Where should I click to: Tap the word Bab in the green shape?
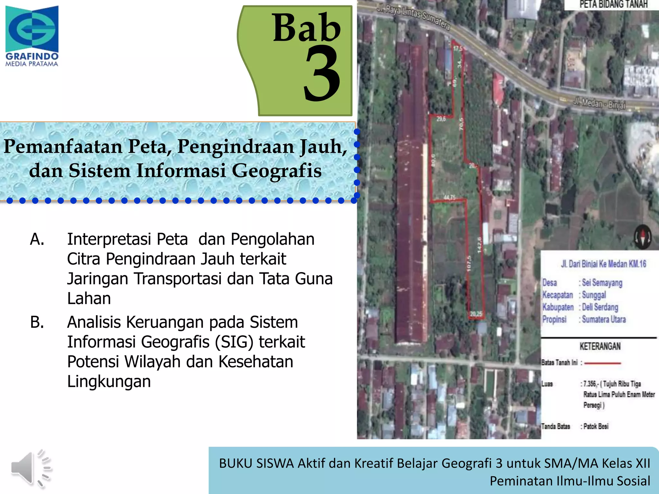coord(306,28)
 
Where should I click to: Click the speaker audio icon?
coord(31,468)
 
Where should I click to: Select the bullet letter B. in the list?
coord(37,322)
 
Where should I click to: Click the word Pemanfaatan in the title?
coord(63,147)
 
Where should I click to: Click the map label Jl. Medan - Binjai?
coord(599,104)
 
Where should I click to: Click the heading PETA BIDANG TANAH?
coord(613,5)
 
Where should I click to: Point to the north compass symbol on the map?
coord(643,237)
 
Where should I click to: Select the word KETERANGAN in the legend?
coord(600,346)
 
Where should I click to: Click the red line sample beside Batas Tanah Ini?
coord(603,363)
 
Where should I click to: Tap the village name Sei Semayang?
coord(602,283)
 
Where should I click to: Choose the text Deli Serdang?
coord(600,307)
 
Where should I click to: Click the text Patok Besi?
coord(596,426)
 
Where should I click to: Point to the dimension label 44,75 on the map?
coord(450,197)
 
